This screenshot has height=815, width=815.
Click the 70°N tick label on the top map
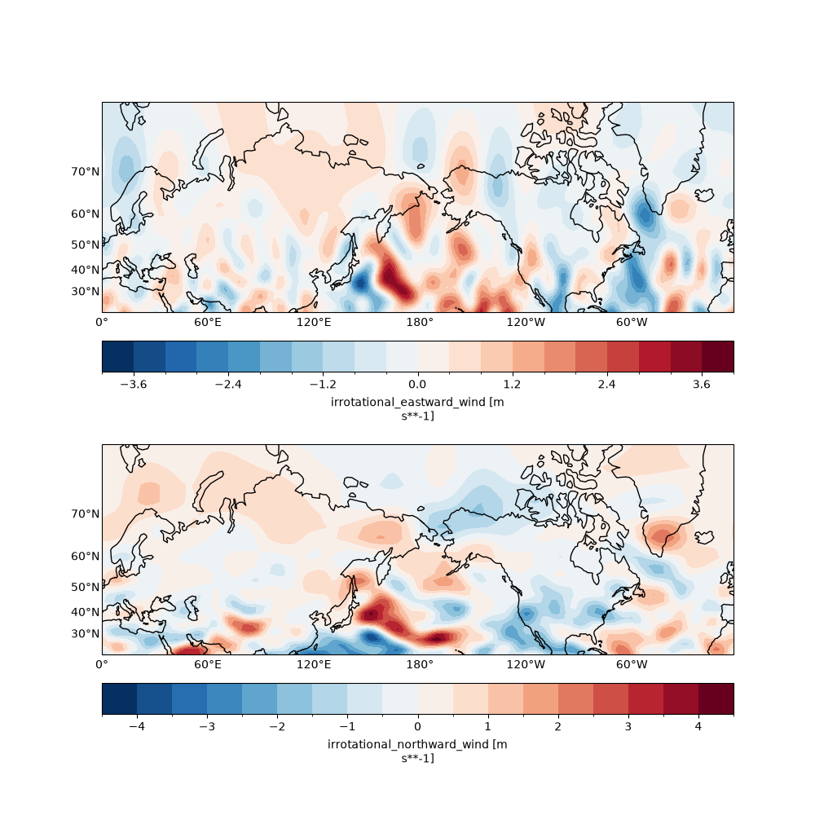coord(86,171)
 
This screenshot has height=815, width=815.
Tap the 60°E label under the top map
coord(208,322)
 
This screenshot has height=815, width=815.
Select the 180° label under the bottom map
coord(420,664)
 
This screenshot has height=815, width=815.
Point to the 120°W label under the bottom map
coord(526,664)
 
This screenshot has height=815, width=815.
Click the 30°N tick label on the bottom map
coord(86,633)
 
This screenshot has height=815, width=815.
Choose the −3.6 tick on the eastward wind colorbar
coord(134,384)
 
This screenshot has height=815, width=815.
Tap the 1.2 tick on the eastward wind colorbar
coord(512,384)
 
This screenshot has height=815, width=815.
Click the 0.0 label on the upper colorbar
coord(417,384)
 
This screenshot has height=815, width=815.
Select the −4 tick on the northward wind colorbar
coord(137,726)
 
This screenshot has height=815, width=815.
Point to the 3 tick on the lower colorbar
coord(628,726)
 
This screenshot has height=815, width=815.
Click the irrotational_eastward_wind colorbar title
coord(417,409)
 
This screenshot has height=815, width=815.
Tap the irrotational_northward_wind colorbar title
coord(417,751)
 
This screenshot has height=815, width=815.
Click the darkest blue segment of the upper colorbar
coord(118,357)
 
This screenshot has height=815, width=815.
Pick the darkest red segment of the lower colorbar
coord(716,698)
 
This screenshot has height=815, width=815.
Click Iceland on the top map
coord(704,195)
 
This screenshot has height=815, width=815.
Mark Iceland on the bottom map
coord(704,537)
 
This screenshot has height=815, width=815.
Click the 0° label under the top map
coord(102,322)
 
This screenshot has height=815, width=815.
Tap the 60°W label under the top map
coord(632,322)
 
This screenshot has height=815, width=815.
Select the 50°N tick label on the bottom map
coord(86,588)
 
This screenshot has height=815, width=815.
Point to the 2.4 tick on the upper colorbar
coord(606,384)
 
